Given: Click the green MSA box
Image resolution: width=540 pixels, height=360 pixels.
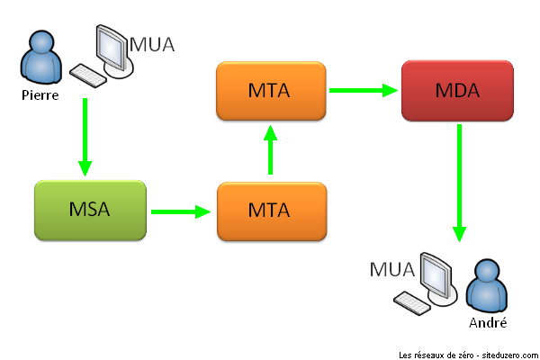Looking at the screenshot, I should (x=89, y=211).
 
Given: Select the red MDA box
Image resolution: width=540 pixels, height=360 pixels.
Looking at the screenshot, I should (x=456, y=91).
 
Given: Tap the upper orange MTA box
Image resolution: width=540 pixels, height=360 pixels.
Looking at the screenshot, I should (x=270, y=91).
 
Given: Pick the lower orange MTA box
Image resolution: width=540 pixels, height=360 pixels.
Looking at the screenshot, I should (x=270, y=211).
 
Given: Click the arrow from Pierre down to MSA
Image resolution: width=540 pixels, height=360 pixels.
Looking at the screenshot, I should (x=85, y=135).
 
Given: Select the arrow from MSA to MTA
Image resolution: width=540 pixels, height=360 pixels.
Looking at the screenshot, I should (x=180, y=212).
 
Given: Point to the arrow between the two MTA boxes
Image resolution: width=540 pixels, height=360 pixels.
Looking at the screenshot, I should (x=269, y=150).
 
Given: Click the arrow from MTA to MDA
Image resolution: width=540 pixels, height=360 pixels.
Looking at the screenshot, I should (x=363, y=90).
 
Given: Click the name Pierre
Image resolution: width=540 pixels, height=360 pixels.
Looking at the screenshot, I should (x=40, y=94).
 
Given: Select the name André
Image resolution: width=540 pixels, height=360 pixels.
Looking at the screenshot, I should (x=487, y=322).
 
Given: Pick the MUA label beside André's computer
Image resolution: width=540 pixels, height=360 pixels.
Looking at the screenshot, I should (x=391, y=269).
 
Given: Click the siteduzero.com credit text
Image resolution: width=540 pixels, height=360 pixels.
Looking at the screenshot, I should (x=467, y=354).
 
